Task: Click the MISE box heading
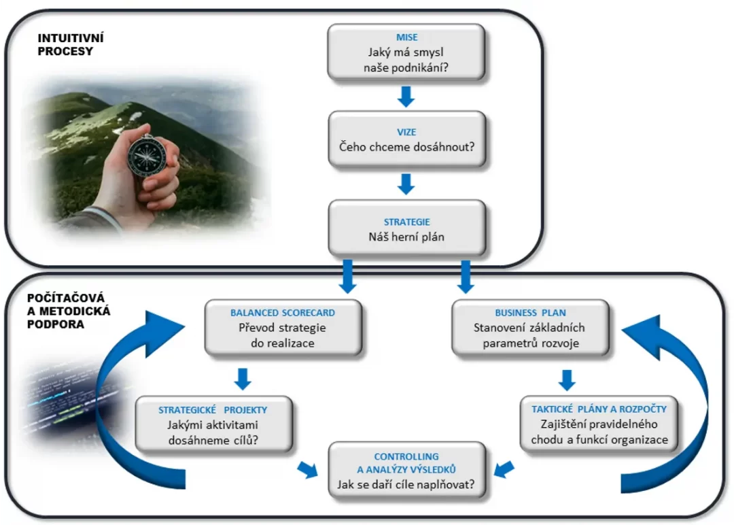point(406,37)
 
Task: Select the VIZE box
point(406,139)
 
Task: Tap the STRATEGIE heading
point(406,222)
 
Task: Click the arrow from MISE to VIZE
point(406,96)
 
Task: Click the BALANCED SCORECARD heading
point(283,313)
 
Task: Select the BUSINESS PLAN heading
point(530,313)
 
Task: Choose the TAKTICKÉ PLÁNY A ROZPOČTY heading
point(599,409)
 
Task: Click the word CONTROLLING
point(406,456)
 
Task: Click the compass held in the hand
point(144,155)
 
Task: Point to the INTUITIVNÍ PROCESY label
point(65,44)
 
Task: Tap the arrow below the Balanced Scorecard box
point(243,378)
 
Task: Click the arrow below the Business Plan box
point(567,378)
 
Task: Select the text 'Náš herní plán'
point(406,238)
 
